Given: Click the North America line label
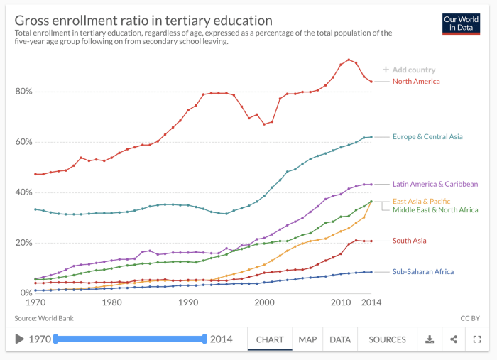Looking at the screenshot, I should [416, 82].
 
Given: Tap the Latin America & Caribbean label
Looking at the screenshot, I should [435, 184].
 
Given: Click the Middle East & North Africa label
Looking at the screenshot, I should [435, 210].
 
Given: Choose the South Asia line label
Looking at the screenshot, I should [410, 241].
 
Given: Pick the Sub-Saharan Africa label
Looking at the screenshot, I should [423, 271].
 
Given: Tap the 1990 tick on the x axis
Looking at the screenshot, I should [187, 302].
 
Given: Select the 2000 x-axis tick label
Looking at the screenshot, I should [264, 302].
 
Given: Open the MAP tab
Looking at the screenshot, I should [307, 339].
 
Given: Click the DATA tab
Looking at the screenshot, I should [340, 339].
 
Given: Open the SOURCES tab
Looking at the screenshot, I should [387, 339].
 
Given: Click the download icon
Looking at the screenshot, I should [430, 339].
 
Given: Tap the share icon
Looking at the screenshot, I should [454, 339].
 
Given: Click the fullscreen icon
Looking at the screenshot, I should [477, 339].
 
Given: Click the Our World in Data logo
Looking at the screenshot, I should [461, 23].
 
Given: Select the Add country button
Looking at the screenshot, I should [409, 70].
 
